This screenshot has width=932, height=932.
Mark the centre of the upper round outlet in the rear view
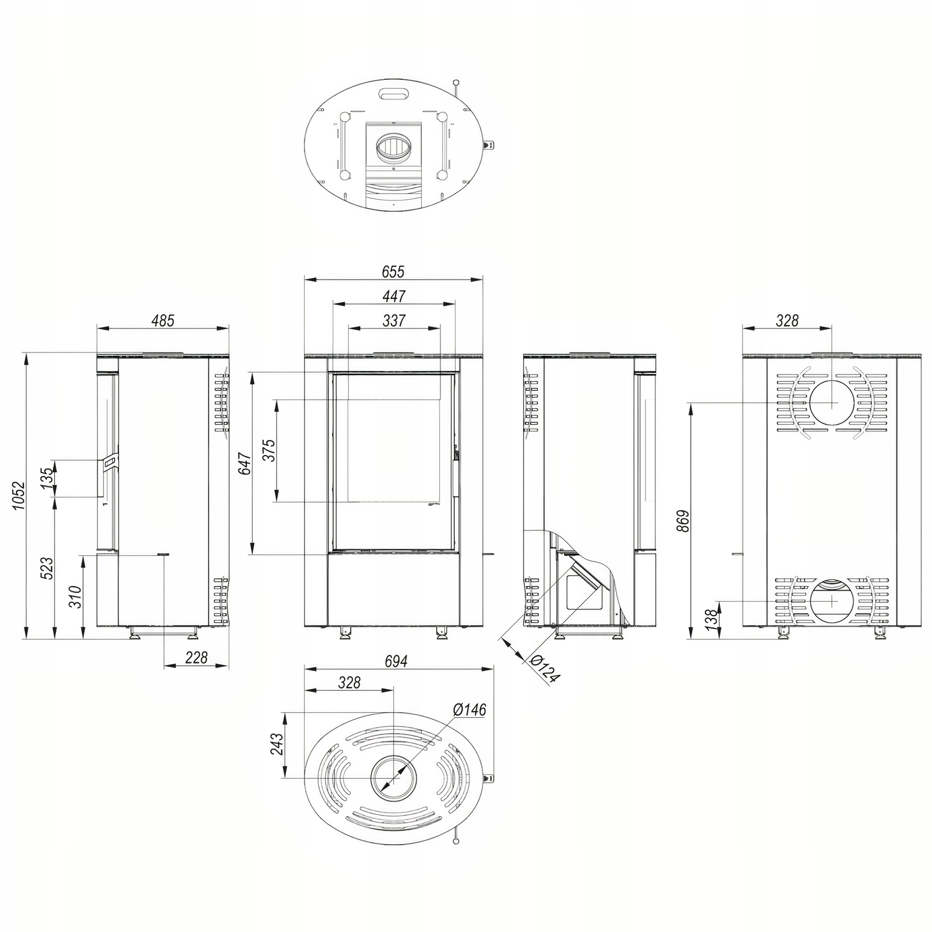[x=831, y=403]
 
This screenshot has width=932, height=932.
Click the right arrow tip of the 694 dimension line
[x=494, y=669]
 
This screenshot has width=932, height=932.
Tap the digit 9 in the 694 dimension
[x=396, y=661]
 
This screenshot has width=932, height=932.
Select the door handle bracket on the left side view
[x=110, y=461]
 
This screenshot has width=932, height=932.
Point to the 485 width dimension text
[x=163, y=320]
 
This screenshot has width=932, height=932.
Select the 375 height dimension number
[x=268, y=450]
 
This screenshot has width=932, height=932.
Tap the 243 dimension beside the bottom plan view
[x=277, y=744]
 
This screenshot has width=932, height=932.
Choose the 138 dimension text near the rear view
[x=709, y=620]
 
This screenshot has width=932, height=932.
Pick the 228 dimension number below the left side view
[x=196, y=658]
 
